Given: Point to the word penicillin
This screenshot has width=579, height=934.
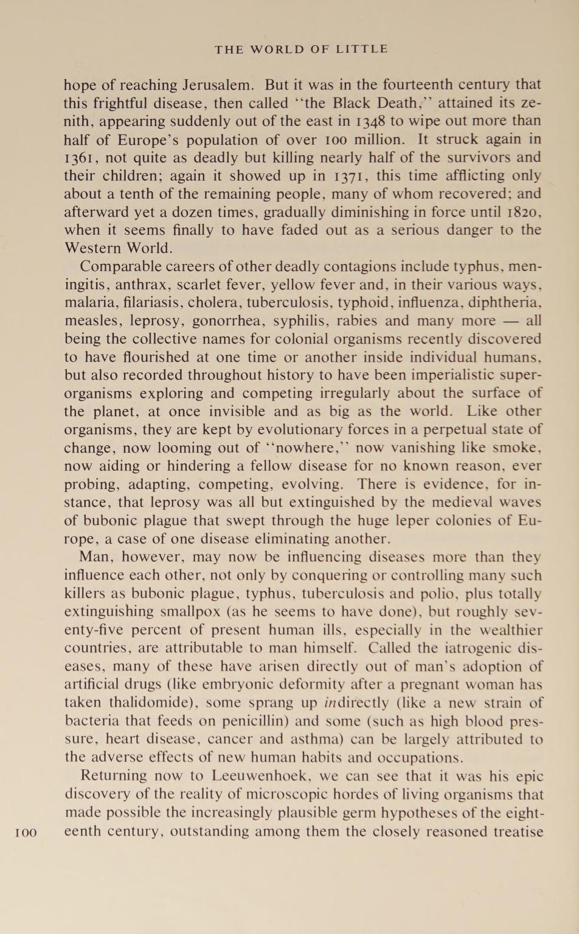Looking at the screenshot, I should click(251, 722).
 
